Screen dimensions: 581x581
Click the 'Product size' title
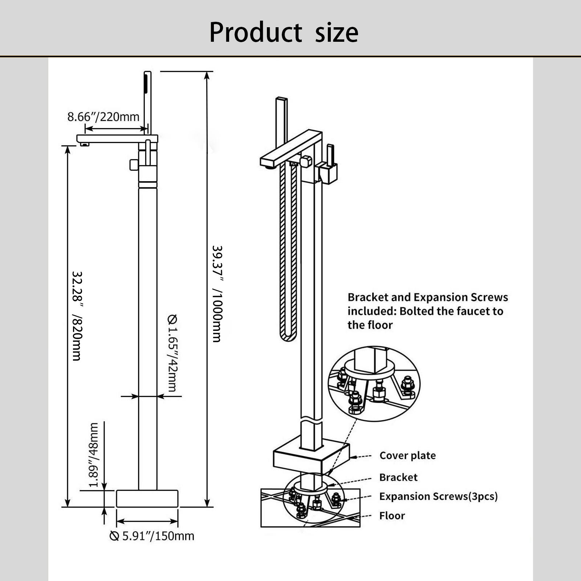click(x=284, y=32)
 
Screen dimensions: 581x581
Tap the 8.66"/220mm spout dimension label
click(x=103, y=117)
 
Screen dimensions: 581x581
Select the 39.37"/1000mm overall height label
click(x=217, y=294)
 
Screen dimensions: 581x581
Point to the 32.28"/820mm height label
click(x=77, y=316)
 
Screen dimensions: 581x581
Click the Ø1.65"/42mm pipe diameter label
click(x=172, y=353)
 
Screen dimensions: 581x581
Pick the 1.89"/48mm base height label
click(x=94, y=455)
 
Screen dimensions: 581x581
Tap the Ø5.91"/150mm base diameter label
click(x=152, y=536)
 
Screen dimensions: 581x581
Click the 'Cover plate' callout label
click(x=407, y=455)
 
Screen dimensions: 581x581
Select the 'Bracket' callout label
click(x=398, y=477)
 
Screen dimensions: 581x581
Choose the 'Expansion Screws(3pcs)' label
click(x=438, y=496)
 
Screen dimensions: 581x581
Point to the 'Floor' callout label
click(x=392, y=516)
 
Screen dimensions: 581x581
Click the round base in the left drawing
click(x=147, y=499)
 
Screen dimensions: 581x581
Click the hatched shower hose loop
click(x=288, y=254)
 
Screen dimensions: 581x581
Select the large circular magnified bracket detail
click(x=374, y=383)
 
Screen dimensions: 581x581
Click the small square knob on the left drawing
click(x=134, y=165)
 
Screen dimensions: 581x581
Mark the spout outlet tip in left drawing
click(x=85, y=145)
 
